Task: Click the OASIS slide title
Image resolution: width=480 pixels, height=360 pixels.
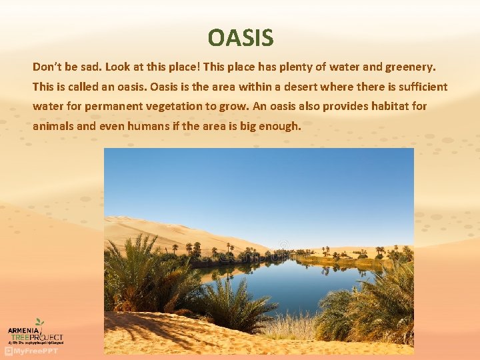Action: (240, 37)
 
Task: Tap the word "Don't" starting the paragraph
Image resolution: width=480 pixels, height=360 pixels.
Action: (47, 67)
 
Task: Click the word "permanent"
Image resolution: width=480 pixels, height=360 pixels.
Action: (108, 106)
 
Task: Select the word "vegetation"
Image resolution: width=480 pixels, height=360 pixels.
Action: (165, 106)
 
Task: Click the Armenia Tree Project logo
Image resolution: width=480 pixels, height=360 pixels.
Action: (35, 333)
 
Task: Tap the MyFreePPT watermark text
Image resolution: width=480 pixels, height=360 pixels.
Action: (35, 351)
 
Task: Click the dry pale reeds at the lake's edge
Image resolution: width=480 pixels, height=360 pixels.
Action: (293, 327)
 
